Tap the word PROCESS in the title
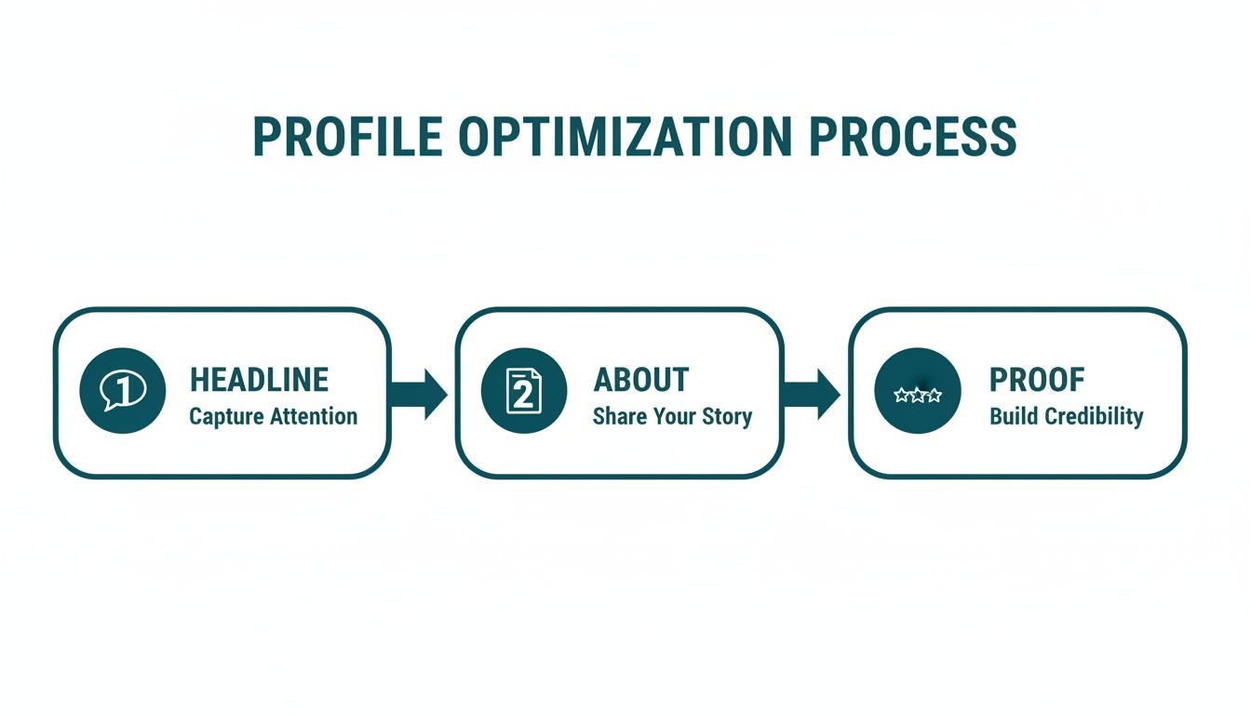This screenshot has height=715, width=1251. click(913, 137)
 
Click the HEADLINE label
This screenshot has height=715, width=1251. click(259, 380)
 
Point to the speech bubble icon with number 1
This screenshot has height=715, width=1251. click(123, 391)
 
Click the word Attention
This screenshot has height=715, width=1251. click(314, 416)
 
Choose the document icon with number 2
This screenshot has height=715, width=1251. click(523, 391)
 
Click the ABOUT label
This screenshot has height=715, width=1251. click(641, 380)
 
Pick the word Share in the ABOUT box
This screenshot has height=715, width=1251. click(616, 416)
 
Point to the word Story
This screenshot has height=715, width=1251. click(727, 416)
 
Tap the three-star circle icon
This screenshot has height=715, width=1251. click(918, 391)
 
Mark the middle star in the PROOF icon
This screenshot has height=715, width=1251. click(918, 395)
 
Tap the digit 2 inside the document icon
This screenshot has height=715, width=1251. click(523, 395)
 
